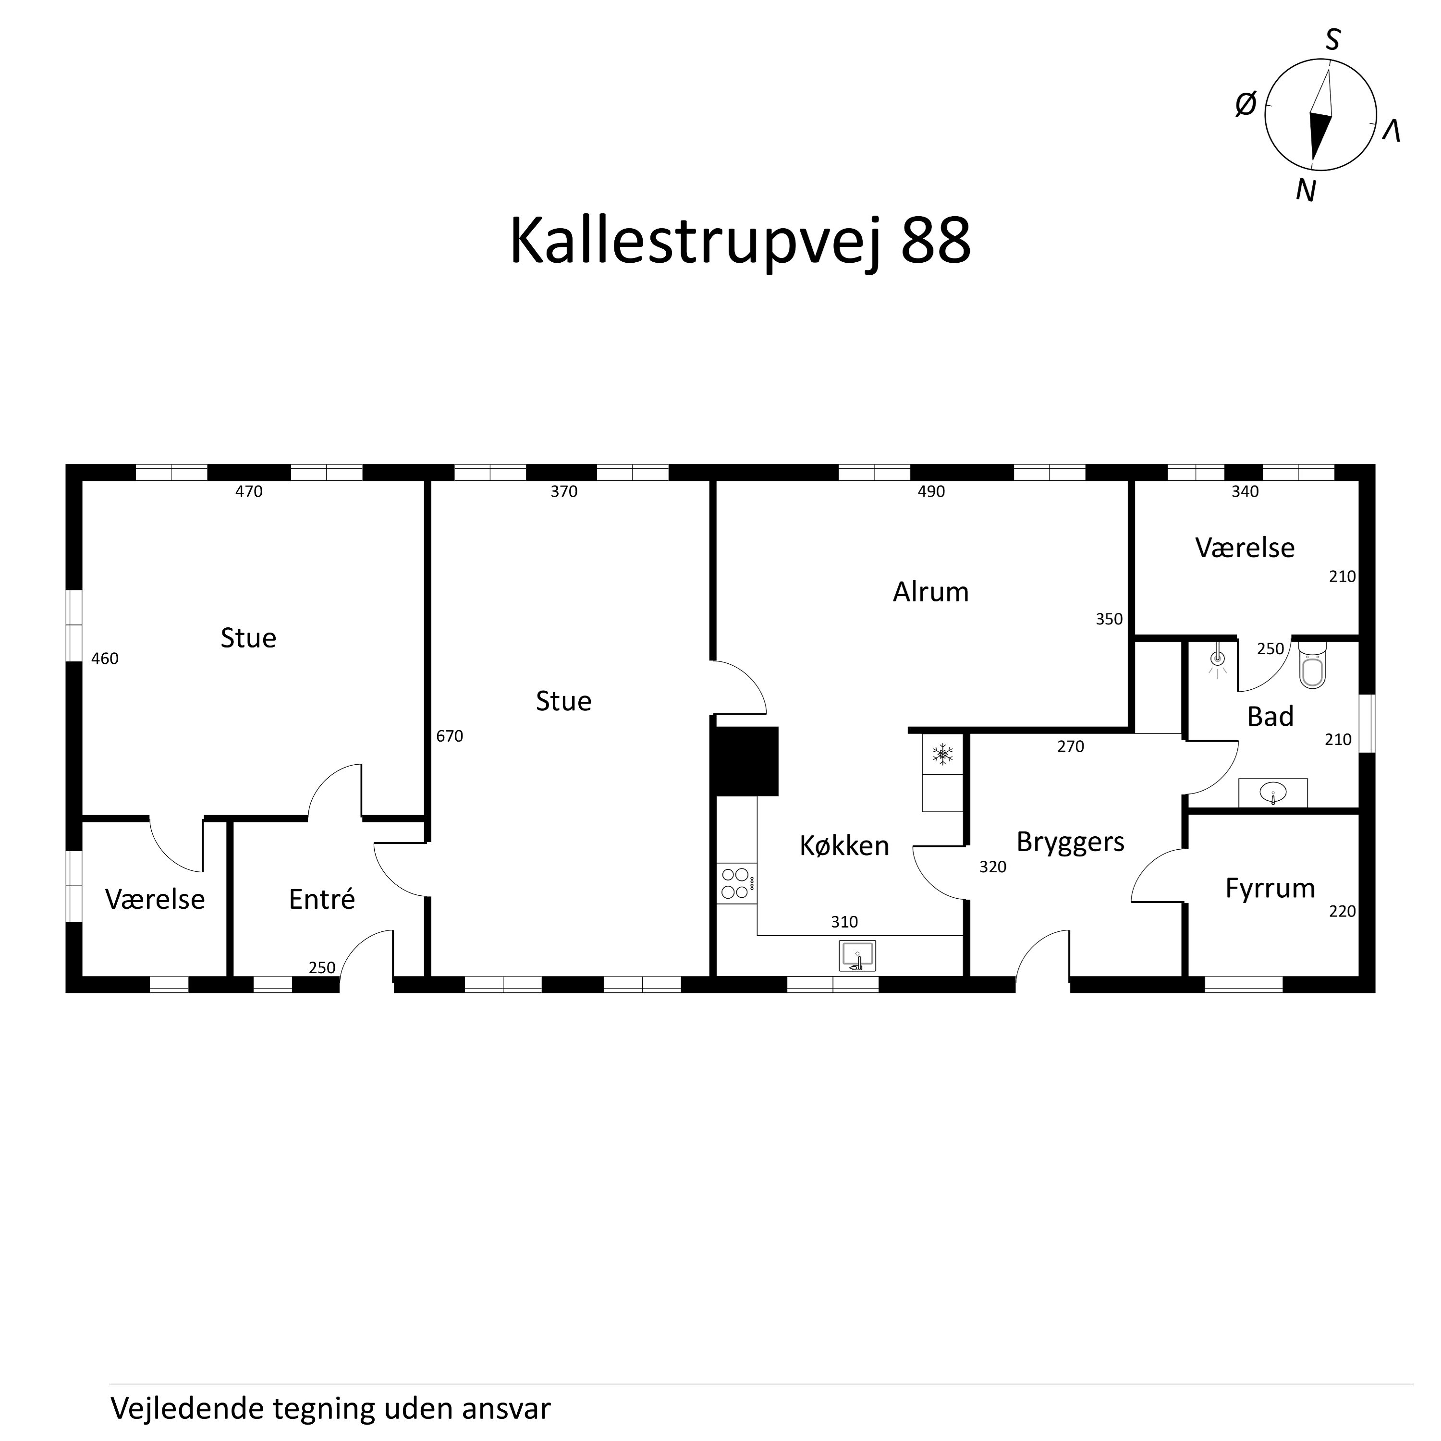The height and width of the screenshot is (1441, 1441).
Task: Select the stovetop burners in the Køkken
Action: pos(735,883)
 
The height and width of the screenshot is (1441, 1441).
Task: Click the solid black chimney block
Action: pos(746,761)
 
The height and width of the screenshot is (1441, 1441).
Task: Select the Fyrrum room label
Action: pos(1270,888)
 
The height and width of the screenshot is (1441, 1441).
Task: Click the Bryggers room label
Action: pos(1070,842)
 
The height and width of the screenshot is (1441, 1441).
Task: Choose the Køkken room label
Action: pos(844,846)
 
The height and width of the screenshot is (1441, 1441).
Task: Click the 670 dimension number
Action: pos(450,736)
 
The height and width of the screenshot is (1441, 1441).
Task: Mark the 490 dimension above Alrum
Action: pos(931,491)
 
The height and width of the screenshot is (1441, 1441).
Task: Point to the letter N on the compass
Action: pos(1305,192)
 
